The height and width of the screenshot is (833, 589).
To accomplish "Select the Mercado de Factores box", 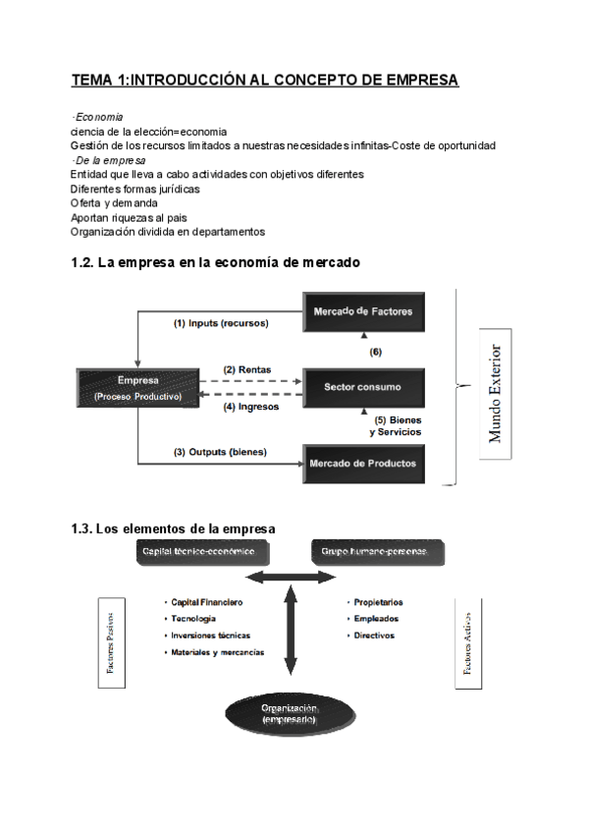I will point(364,311).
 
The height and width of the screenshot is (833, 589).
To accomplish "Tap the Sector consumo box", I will point(364,386).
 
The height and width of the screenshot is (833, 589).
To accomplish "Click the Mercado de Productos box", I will point(363,462).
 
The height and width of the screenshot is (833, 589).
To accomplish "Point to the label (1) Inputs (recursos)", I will point(221,322).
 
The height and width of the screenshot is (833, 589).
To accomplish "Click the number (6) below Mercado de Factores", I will point(376,351).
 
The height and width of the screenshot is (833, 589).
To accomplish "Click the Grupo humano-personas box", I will point(376,552).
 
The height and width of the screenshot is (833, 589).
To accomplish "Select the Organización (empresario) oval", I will point(289,714).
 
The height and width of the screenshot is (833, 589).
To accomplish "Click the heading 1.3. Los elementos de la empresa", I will point(173,528).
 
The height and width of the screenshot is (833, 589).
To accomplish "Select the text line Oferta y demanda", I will point(115,202).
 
